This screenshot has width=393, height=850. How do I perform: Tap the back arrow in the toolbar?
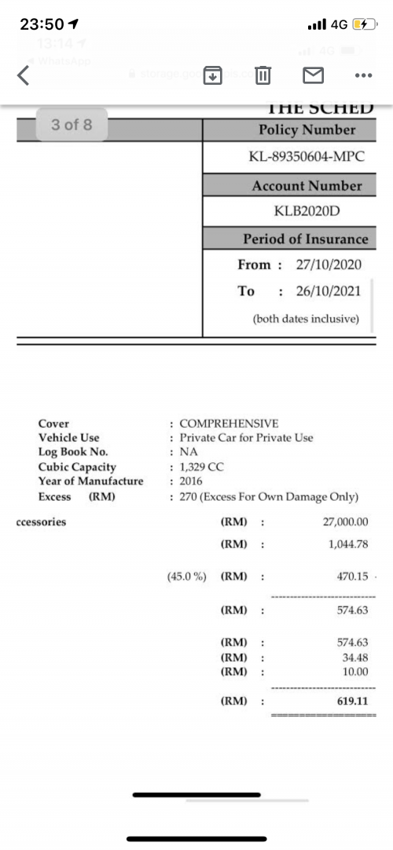pos(24,76)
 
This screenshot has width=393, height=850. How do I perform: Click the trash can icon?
pos(263,76)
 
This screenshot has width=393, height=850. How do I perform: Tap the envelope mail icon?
pos(314,76)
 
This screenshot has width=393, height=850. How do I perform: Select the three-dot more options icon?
pos(362,76)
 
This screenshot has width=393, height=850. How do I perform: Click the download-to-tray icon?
pos(213,76)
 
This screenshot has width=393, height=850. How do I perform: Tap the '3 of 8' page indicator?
pos(72,125)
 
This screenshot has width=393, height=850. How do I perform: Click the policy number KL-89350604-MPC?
pos(307,157)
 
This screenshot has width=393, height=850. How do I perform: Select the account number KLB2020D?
pos(307,211)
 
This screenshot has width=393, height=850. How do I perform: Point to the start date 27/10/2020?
pos(329,264)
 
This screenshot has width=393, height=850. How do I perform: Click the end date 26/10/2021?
pos(329,291)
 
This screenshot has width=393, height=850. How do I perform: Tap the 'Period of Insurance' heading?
pos(305,239)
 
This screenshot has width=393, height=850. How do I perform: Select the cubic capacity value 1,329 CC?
pos(202,467)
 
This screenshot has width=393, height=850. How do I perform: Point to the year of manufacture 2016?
pos(191,481)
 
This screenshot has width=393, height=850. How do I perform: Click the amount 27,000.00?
pos(346,522)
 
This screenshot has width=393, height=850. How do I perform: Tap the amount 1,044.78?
pos(349,543)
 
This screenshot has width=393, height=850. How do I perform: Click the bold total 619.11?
pos(353,700)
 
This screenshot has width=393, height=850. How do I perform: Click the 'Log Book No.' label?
pos(73,452)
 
